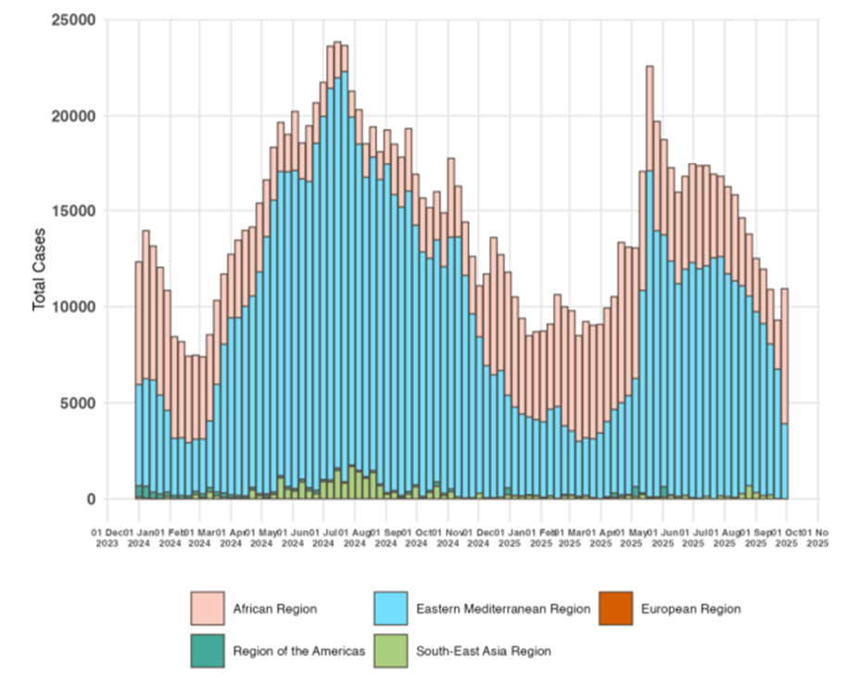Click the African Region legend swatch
tap(207, 609)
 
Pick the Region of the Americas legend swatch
tap(207, 651)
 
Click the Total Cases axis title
tap(40, 269)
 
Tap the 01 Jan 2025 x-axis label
tap(509, 538)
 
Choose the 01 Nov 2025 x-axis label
tap(817, 538)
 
